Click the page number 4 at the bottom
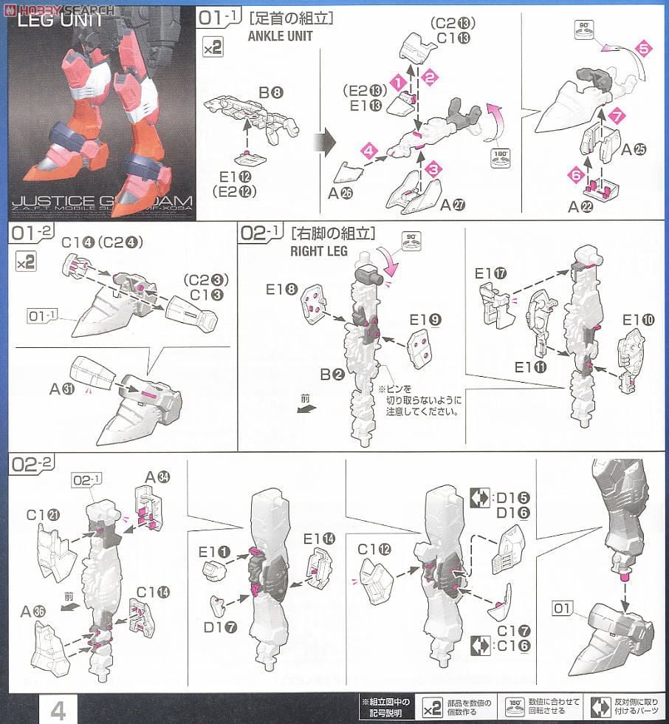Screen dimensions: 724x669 tap(58, 710)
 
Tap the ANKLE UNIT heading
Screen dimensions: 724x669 tap(281, 35)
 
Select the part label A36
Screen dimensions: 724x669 tap(33, 610)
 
